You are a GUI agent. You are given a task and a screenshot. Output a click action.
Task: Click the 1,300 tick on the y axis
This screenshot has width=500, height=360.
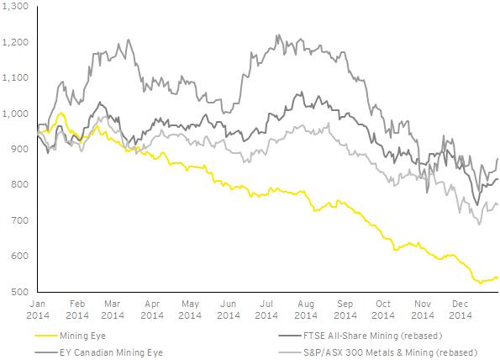click(x=14, y=7)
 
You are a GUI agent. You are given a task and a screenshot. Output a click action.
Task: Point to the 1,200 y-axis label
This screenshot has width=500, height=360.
click(x=14, y=42)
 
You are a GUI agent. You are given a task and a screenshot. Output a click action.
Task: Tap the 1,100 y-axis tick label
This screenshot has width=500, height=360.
click(x=14, y=78)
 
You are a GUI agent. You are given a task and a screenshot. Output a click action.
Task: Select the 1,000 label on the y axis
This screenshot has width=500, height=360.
click(x=14, y=114)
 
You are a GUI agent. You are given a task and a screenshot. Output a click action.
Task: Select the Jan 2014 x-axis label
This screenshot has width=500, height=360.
click(x=39, y=309)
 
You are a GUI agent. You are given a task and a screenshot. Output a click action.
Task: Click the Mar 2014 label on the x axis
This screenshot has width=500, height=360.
click(x=114, y=309)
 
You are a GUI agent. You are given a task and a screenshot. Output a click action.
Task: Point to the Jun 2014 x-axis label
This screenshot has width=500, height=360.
click(x=229, y=309)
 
